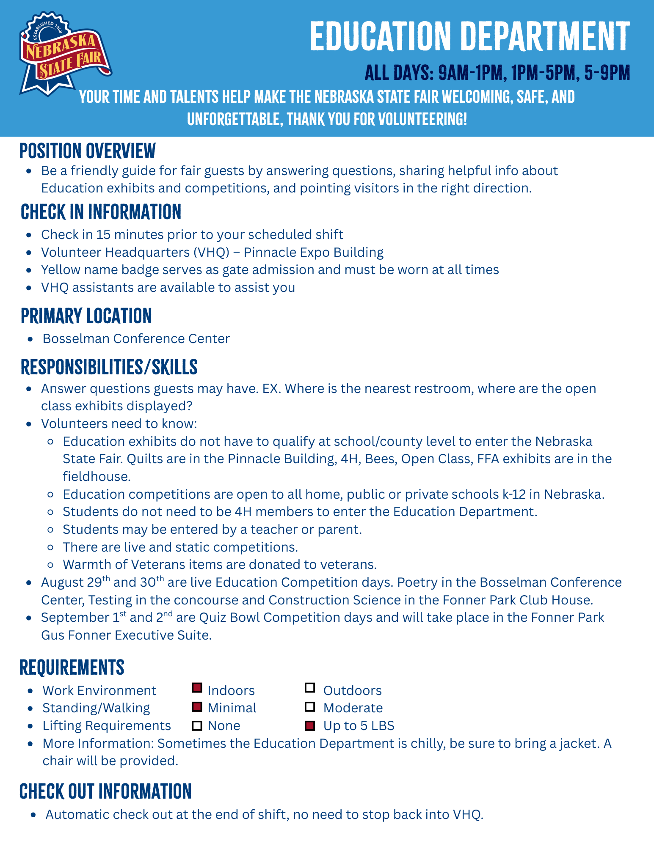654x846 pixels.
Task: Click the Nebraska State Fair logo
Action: click(x=64, y=54)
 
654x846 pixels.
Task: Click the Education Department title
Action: click(x=470, y=36)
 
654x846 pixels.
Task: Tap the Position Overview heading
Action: click(x=88, y=151)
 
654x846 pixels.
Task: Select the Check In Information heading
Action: click(x=101, y=212)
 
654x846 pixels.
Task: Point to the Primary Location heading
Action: click(x=86, y=316)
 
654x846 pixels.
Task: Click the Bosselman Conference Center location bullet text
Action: click(x=136, y=339)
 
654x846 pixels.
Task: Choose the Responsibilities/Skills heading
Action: click(x=109, y=367)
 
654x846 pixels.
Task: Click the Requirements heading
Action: click(x=72, y=667)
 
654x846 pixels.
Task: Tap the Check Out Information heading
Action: click(x=106, y=791)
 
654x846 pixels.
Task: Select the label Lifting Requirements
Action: click(x=107, y=726)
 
